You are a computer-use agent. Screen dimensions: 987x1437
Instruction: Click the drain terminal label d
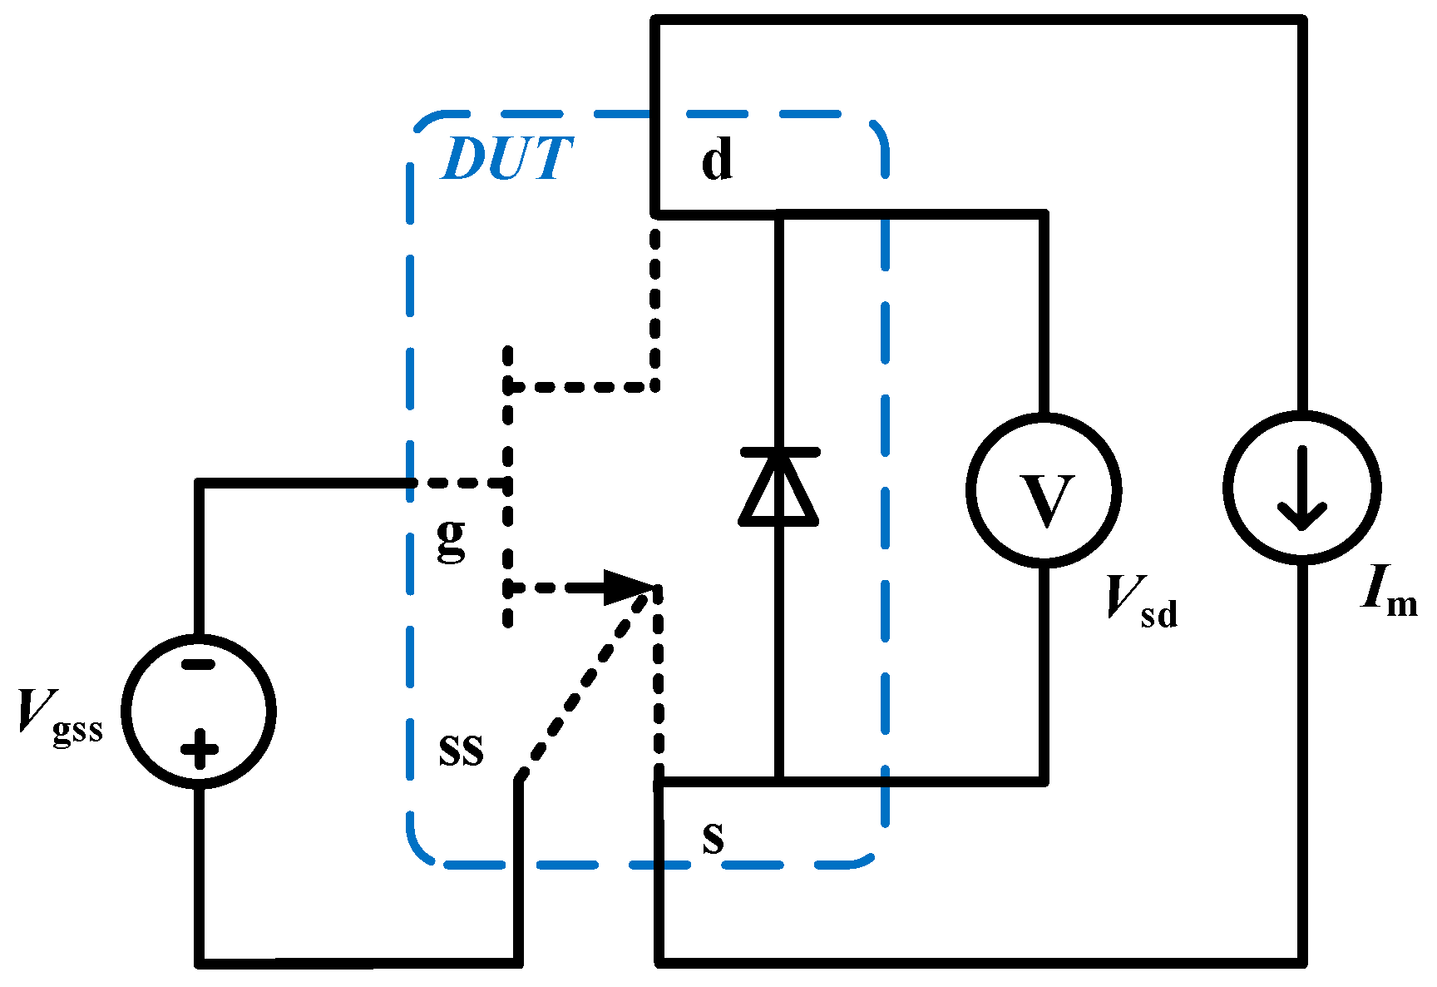pyautogui.click(x=717, y=160)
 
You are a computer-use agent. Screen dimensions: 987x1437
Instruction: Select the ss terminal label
pyautogui.click(x=461, y=751)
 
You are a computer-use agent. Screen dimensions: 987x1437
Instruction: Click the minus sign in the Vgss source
pyautogui.click(x=198, y=664)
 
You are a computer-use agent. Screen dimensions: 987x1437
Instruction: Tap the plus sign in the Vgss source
pyautogui.click(x=199, y=748)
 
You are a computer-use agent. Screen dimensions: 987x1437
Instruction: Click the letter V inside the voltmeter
pyautogui.click(x=1045, y=501)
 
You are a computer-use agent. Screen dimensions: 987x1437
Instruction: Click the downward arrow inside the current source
pyautogui.click(x=1301, y=491)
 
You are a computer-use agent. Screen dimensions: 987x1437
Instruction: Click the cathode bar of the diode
pyautogui.click(x=779, y=452)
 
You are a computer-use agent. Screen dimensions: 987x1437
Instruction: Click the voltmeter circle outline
pyautogui.click(x=971, y=491)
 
